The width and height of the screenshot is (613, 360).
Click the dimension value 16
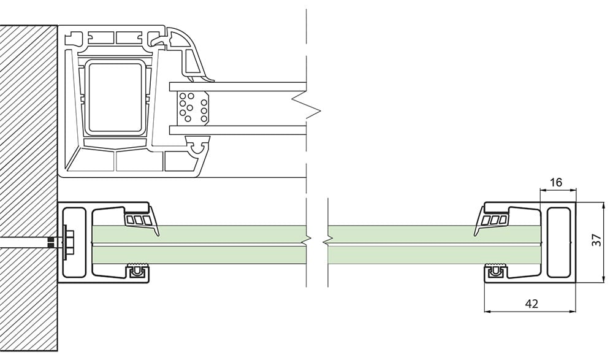(555, 182)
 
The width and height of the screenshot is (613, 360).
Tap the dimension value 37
(596, 240)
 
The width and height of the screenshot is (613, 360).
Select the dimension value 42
(531, 303)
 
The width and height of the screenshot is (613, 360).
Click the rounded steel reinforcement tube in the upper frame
(115, 98)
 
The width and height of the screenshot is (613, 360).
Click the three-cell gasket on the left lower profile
(139, 220)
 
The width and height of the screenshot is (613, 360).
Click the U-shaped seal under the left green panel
(137, 270)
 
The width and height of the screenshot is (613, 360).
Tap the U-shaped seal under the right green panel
(495, 270)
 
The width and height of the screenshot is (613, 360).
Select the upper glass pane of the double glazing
(237, 86)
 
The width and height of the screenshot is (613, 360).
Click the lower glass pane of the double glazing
(237, 130)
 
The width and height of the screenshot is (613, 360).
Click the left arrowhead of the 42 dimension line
(487, 312)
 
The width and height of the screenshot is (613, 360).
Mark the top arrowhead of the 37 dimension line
(601, 205)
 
